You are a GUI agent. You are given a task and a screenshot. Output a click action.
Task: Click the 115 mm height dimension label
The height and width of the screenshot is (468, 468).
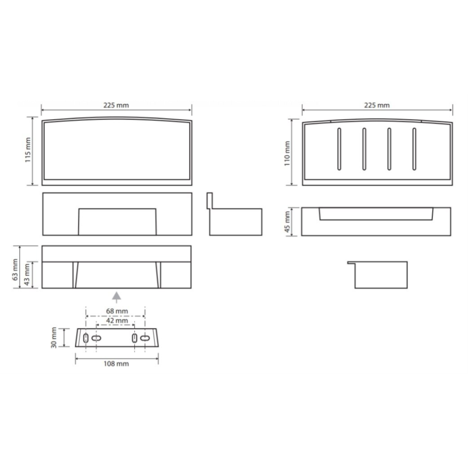coord(28,150)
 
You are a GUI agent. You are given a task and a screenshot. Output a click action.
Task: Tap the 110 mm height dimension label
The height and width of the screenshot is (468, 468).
coord(287,154)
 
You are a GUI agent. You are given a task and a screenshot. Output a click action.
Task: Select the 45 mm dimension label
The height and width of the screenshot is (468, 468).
coord(287,222)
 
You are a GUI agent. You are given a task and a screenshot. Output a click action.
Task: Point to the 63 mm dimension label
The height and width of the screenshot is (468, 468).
coord(15,270)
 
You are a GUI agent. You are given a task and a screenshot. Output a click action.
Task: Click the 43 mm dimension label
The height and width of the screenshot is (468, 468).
coord(27,274)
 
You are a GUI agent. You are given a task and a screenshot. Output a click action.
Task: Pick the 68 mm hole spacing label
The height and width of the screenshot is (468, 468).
coord(117,311)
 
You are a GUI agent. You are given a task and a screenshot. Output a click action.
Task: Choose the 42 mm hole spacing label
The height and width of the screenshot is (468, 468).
coord(117,321)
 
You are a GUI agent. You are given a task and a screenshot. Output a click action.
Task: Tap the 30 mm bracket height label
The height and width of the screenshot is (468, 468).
coord(54,337)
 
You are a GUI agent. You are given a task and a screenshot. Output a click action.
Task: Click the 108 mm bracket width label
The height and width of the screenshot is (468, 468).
coord(116,364)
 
